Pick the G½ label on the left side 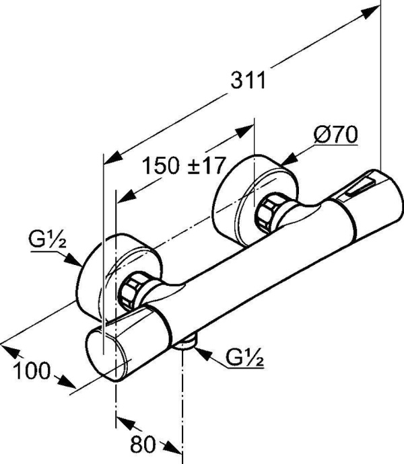46,239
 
